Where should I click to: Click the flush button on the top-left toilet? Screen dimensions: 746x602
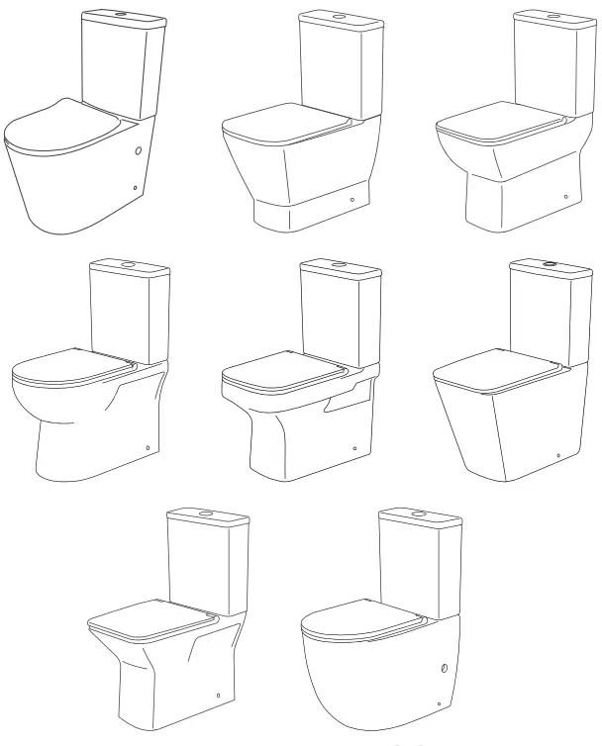click(x=120, y=15)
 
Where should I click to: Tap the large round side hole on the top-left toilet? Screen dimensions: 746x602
click(x=137, y=152)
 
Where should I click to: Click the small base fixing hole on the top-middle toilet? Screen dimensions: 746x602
click(x=353, y=198)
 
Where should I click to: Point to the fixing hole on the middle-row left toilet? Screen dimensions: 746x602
click(x=148, y=448)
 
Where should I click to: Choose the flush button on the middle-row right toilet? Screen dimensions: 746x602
click(x=551, y=264)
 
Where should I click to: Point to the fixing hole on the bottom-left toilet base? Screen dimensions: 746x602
click(x=217, y=695)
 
